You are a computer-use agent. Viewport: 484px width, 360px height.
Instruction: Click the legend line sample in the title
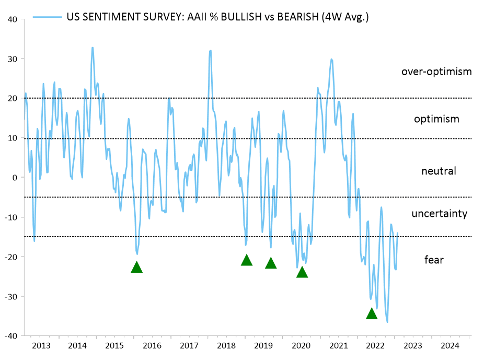click(48, 17)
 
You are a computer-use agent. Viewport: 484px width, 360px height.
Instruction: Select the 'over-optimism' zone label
click(436, 72)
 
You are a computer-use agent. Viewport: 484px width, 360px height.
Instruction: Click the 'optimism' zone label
click(436, 119)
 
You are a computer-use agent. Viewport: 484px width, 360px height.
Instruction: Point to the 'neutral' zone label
click(439, 171)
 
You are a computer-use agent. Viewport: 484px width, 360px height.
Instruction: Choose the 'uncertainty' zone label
click(439, 213)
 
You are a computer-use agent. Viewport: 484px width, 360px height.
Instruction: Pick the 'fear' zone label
click(434, 259)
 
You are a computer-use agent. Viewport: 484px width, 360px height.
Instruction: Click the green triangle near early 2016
click(136, 267)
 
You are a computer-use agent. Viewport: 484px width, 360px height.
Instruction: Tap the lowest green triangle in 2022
click(372, 313)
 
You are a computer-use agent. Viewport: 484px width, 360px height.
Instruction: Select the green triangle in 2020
click(302, 272)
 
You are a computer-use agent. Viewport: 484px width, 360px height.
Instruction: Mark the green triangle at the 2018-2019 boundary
click(247, 260)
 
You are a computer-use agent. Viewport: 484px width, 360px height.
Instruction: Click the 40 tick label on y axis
click(13, 19)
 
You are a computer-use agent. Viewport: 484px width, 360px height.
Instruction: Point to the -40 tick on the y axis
click(11, 335)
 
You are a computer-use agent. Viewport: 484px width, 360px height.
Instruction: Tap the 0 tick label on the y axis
click(16, 178)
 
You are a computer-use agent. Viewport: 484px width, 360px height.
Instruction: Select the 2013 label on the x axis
click(41, 346)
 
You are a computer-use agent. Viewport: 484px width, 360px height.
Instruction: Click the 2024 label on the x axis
click(450, 346)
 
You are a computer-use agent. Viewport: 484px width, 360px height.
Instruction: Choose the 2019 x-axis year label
click(263, 346)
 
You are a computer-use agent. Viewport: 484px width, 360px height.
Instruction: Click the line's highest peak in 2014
click(93, 48)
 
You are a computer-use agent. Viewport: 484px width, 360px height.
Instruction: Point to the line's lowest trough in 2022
click(387, 322)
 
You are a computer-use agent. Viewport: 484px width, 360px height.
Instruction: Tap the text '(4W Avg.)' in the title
click(346, 17)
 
